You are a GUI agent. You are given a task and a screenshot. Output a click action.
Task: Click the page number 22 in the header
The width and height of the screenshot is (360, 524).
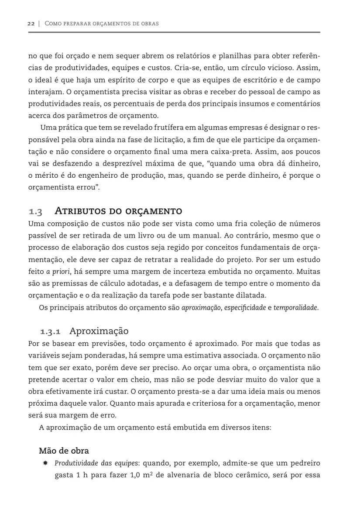coord(31,23)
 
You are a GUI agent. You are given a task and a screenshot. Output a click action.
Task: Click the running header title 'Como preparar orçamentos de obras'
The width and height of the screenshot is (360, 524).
coord(102,23)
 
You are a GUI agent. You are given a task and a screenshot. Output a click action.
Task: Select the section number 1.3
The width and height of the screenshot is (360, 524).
coord(35,212)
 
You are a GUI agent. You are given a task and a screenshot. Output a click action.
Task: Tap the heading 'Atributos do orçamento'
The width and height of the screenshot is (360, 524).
coord(118,211)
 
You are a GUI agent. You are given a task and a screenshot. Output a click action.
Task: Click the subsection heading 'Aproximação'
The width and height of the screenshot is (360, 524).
coord(99,331)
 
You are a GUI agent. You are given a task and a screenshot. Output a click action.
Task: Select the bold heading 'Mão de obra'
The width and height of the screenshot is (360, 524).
coord(64,450)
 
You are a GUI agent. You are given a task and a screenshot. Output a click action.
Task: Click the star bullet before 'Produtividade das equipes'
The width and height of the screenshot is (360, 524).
coord(45,463)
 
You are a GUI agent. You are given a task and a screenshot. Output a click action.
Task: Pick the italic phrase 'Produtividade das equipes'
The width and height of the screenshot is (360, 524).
coord(96,463)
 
